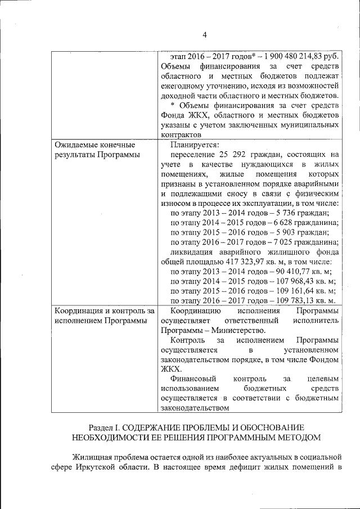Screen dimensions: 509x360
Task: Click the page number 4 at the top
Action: tap(205, 35)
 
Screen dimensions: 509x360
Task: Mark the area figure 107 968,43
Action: tap(298, 281)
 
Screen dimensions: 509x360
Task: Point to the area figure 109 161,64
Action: tap(298, 291)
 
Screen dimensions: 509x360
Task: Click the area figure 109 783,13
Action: tap(298, 300)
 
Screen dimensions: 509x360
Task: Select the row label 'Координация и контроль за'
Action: tap(104, 310)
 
